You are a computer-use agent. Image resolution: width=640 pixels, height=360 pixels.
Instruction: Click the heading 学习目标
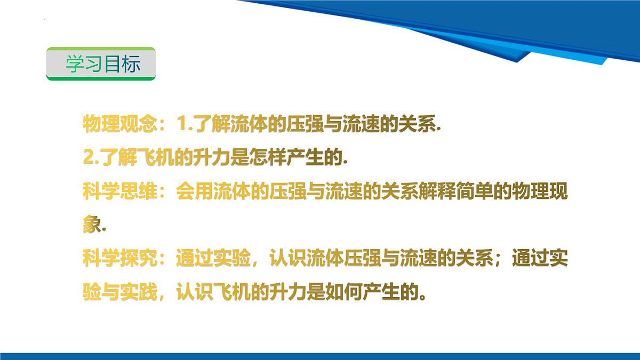coord(103,64)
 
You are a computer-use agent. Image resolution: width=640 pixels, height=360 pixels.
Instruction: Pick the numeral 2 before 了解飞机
coord(88,158)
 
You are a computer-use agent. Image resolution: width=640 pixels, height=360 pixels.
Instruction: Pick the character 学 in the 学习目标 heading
coord(75,64)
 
